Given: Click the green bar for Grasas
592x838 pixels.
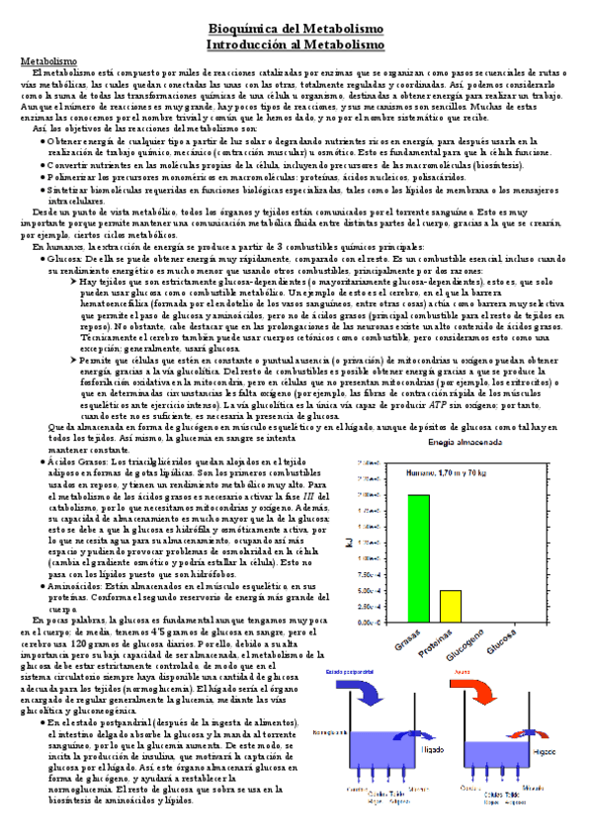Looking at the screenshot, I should pyautogui.click(x=418, y=558).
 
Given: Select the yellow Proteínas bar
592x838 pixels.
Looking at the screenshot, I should pyautogui.click(x=451, y=605).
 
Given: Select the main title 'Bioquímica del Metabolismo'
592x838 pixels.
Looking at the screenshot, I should pyautogui.click(x=296, y=30).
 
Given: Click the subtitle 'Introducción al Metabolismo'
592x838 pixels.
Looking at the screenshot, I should pyautogui.click(x=296, y=44).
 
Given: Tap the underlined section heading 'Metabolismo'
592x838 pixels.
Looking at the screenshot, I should pyautogui.click(x=48, y=61).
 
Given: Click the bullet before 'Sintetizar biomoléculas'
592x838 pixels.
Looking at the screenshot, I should pyautogui.click(x=41, y=190).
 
